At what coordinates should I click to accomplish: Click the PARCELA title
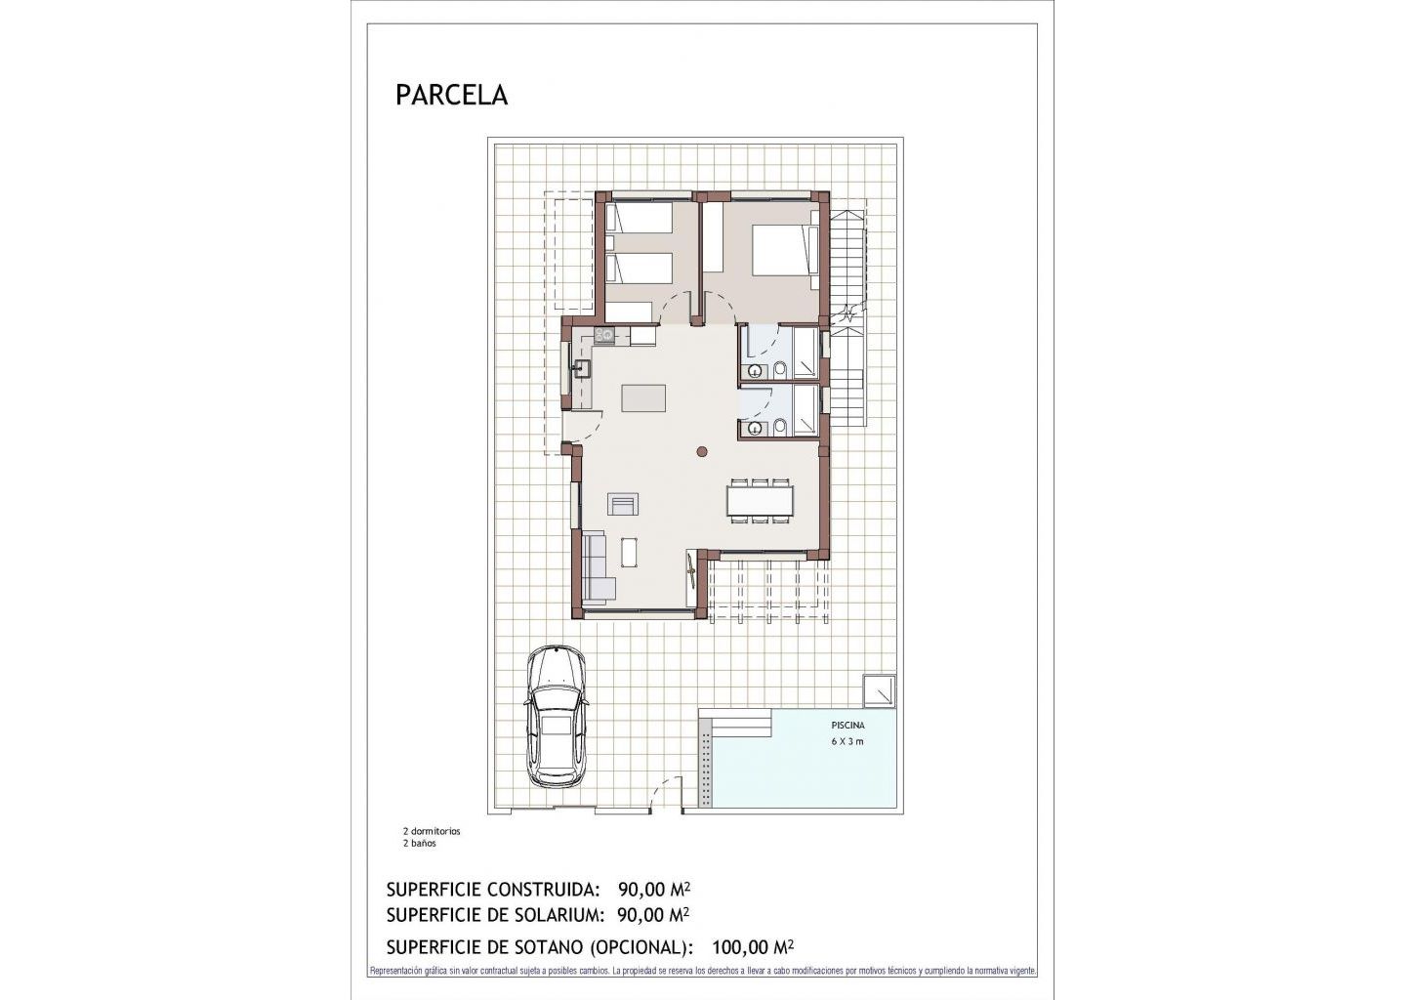[x=451, y=96]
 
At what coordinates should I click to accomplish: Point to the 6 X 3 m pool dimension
[x=848, y=741]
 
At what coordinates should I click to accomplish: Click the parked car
[x=557, y=716]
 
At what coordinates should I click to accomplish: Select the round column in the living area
[x=702, y=451]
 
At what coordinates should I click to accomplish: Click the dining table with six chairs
[x=760, y=500]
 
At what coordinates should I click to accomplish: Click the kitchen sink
[x=140, y=369]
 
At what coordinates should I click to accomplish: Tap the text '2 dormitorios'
[x=432, y=831]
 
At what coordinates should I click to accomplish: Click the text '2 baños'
[x=419, y=844]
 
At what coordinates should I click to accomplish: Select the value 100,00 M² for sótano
[x=753, y=964]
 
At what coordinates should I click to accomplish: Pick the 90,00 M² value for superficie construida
[x=654, y=890]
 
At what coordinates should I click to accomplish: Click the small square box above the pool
[x=879, y=690]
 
